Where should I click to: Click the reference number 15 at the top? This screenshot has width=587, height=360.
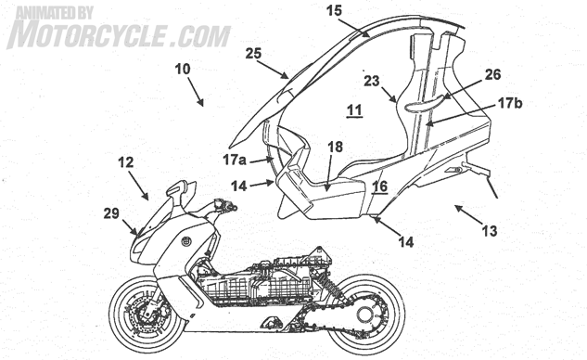pyautogui.click(x=334, y=10)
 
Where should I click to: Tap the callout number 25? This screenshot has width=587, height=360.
pyautogui.click(x=253, y=54)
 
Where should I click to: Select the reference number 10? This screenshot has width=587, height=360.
pyautogui.click(x=183, y=69)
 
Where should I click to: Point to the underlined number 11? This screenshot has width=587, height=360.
pyautogui.click(x=354, y=110)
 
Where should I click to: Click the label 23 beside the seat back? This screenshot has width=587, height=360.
pyautogui.click(x=371, y=81)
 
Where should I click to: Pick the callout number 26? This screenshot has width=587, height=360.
pyautogui.click(x=492, y=74)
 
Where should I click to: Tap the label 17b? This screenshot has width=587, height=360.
pyautogui.click(x=509, y=103)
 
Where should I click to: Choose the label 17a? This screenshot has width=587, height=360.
pyautogui.click(x=235, y=160)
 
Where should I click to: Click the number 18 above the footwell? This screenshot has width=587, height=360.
pyautogui.click(x=335, y=148)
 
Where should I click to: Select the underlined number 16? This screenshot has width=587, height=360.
pyautogui.click(x=379, y=186)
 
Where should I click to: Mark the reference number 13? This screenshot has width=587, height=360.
pyautogui.click(x=490, y=231)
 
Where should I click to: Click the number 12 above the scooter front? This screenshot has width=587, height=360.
pyautogui.click(x=125, y=162)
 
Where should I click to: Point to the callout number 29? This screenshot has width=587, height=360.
pyautogui.click(x=111, y=213)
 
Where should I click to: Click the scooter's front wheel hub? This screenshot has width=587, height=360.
pyautogui.click(x=147, y=315)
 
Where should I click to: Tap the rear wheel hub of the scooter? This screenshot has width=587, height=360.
pyautogui.click(x=365, y=314)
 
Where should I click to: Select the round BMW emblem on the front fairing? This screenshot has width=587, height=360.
pyautogui.click(x=186, y=241)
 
